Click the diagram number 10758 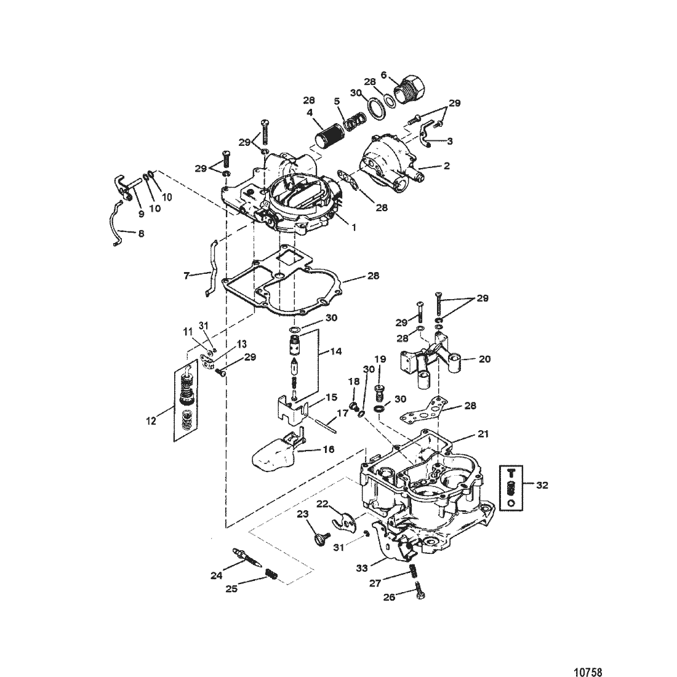point(587,671)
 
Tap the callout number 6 point(383,75)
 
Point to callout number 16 point(329,449)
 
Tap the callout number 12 point(151,420)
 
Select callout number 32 point(542,486)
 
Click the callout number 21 point(483,434)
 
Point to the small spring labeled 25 point(270,575)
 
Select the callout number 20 point(485,359)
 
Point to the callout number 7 point(186,276)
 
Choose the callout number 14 point(335,351)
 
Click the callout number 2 point(446,166)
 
